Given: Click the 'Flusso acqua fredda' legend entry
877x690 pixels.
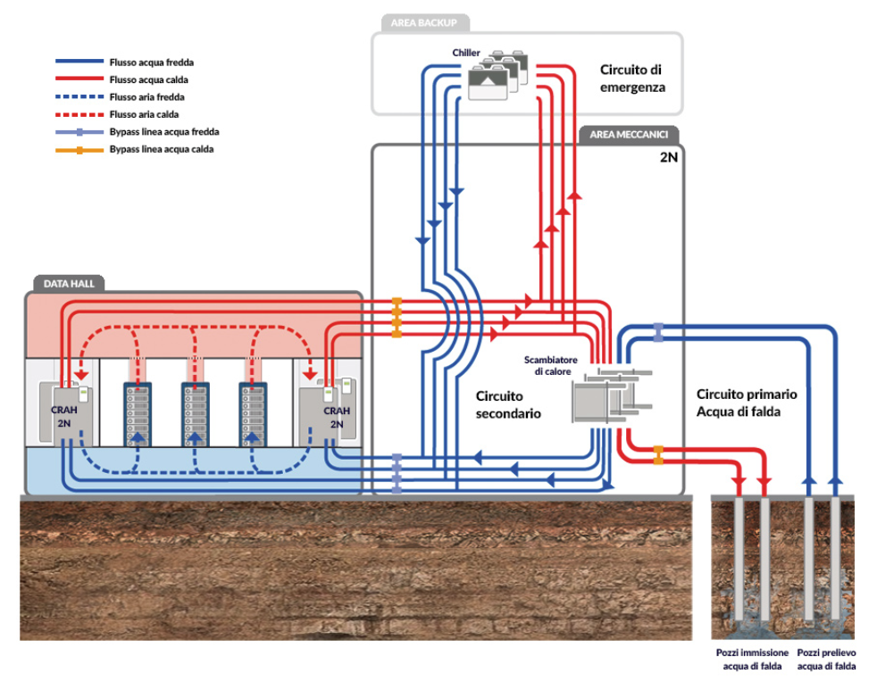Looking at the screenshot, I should pyautogui.click(x=151, y=63).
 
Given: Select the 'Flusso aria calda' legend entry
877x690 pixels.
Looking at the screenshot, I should pyautogui.click(x=143, y=115).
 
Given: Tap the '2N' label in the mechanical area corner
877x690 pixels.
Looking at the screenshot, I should pyautogui.click(x=667, y=157).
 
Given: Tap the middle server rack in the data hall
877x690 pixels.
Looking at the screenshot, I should pyautogui.click(x=196, y=412).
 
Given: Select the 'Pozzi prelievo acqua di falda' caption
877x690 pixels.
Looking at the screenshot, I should pyautogui.click(x=826, y=660).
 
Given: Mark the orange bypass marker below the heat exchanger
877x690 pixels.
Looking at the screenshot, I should pyautogui.click(x=658, y=454).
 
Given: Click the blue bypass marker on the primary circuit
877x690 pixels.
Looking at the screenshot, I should pyautogui.click(x=658, y=331).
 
